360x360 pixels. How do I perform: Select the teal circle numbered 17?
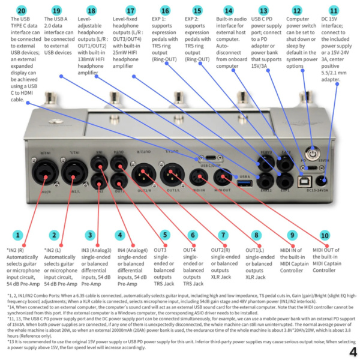pos(130,10)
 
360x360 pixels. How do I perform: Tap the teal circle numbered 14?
pos(228,10)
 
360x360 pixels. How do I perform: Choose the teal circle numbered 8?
pos(257,235)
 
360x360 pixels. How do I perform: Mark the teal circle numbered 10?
pos(325,235)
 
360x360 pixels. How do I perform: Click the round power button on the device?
pos(311,154)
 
